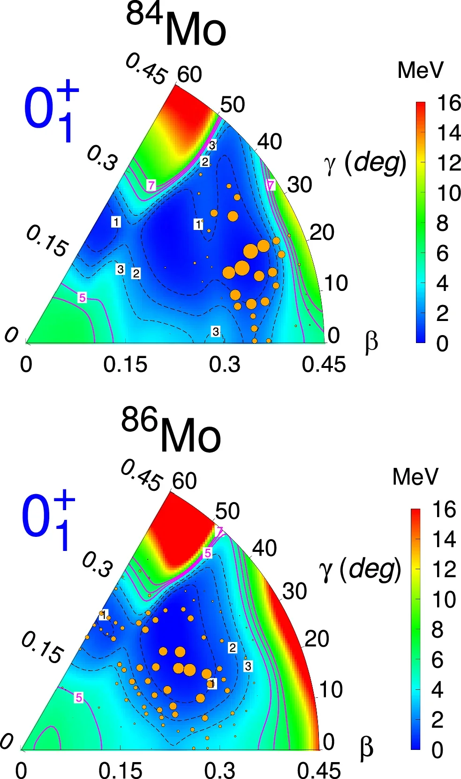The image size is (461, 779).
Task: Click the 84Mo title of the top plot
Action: pyautogui.click(x=177, y=26)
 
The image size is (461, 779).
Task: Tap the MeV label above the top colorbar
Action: pyautogui.click(x=420, y=70)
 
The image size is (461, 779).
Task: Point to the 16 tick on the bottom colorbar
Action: pyautogui.click(x=444, y=510)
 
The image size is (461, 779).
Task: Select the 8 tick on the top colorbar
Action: pyautogui.click(x=442, y=223)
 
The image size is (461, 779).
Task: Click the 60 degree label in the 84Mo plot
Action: pyautogui.click(x=189, y=75)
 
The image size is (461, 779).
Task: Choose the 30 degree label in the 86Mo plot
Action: pyautogui.click(x=295, y=591)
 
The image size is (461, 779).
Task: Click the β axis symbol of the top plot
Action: pyautogui.click(x=371, y=342)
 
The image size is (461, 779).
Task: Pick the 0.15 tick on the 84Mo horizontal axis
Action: pyautogui.click(x=125, y=365)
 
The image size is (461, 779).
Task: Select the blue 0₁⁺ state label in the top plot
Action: pyautogui.click(x=51, y=111)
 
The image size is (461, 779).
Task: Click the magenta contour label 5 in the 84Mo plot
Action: pyautogui.click(x=82, y=298)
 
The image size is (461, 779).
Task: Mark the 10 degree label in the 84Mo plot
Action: pyautogui.click(x=336, y=283)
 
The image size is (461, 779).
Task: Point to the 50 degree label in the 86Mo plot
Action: pyautogui.click(x=227, y=511)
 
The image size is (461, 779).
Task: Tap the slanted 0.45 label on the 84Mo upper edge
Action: pyautogui.click(x=146, y=69)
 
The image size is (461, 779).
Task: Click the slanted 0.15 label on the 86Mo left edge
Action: pyautogui.click(x=42, y=648)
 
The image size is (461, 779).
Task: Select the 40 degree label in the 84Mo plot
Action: pyautogui.click(x=270, y=141)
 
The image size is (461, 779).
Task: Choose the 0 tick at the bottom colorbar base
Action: pyautogui.click(x=437, y=750)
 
